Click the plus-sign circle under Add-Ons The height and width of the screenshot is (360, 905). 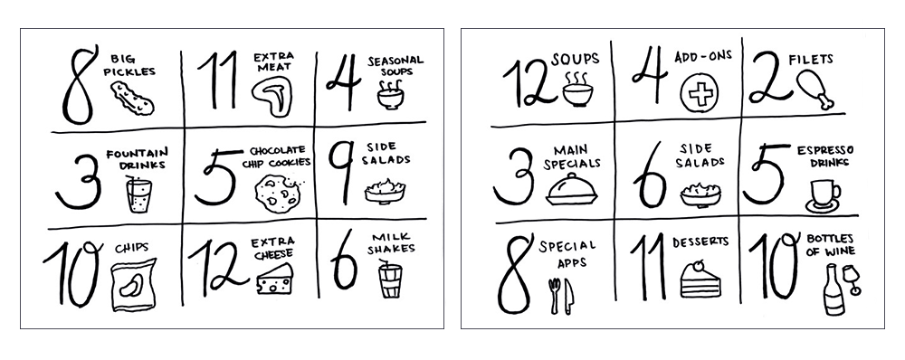point(695,93)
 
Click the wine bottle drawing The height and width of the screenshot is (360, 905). point(827,295)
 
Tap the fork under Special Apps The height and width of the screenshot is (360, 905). point(554,295)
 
